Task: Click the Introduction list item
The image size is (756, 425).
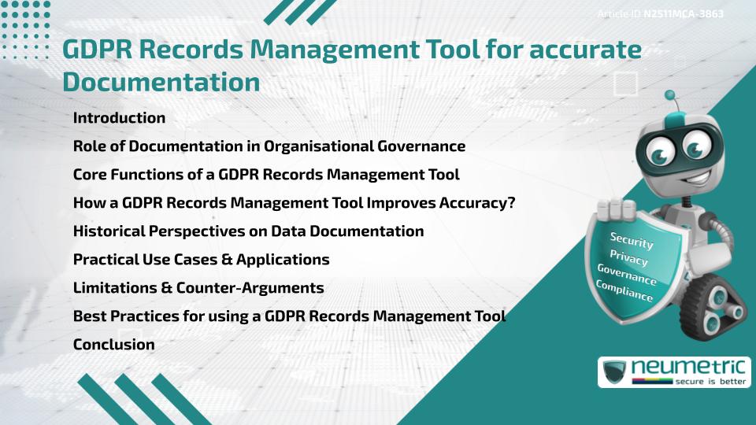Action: coord(119,118)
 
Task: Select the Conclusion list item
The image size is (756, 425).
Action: coord(113,344)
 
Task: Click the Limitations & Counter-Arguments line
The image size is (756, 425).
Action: coord(198,288)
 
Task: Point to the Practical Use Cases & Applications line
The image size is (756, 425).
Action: coord(201,260)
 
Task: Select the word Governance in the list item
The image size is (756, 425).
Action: coord(423,146)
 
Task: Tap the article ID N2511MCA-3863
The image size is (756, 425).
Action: coord(683,13)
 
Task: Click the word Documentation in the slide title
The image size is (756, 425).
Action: coord(161,82)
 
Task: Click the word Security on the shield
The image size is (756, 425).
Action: coord(632,240)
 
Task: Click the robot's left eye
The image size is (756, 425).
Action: coord(651,148)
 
